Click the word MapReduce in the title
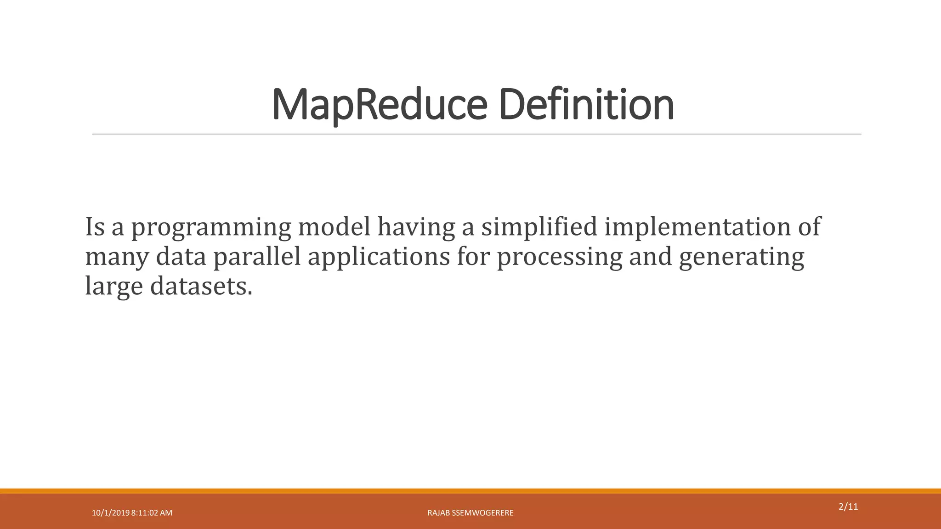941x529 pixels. point(379,105)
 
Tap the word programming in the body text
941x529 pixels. point(211,227)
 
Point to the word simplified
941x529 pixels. point(539,227)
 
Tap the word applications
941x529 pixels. point(379,257)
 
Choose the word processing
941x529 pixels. point(559,257)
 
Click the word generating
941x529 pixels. point(741,257)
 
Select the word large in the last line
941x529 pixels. point(114,287)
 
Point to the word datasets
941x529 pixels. point(201,286)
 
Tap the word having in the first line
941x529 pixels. point(416,227)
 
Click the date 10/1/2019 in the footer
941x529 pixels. point(110,513)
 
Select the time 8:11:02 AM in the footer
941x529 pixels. point(152,513)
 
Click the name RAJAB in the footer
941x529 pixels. point(438,513)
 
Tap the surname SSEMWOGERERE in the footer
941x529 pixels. point(482,513)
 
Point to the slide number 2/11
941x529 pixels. point(848,507)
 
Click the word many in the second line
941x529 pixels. point(117,257)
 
